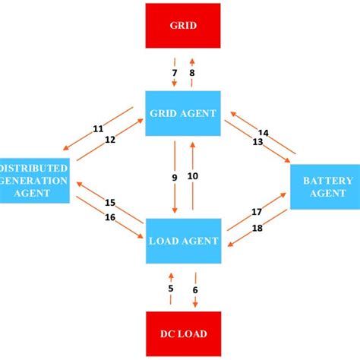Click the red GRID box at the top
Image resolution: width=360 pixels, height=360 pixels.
pos(183,26)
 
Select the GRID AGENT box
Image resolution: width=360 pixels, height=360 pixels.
pos(183,112)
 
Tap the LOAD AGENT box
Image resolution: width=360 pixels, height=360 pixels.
pos(183,242)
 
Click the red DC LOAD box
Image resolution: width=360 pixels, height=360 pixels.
pos(183,333)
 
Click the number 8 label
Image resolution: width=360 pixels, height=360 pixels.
pos(192,73)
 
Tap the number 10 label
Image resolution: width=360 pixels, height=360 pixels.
pos(193,176)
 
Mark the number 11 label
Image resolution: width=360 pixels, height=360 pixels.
pos(98,128)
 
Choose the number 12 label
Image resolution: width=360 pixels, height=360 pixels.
pos(110,139)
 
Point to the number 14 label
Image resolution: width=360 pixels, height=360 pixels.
pos(264,132)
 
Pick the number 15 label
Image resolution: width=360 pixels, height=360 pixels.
pos(110,203)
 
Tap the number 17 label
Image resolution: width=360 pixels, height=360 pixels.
pos(257,213)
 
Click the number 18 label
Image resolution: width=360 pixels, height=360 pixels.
pos(257,228)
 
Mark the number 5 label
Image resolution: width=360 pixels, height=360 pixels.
pos(171,288)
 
